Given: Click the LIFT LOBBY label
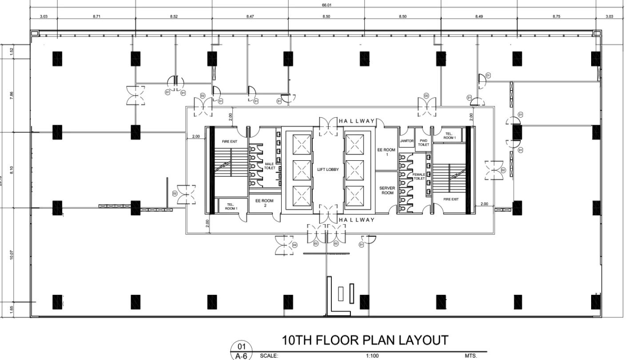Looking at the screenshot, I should point(328,169).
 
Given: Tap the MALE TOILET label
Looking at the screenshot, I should point(270,166).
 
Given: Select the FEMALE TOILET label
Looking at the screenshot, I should point(418,176).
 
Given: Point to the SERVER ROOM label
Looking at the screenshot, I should point(387,190).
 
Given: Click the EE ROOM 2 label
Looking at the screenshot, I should point(264,202).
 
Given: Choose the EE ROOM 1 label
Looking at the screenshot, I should point(386,152).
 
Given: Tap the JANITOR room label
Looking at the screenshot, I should point(406,141).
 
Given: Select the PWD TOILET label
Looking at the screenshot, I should point(423,143).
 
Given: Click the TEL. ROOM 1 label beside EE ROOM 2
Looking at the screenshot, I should point(231,206).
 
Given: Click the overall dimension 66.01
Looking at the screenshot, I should point(326,5).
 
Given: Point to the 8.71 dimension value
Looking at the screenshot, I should point(96,16).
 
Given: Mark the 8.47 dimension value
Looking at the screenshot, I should point(250,16).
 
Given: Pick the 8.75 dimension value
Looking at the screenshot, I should point(556,16).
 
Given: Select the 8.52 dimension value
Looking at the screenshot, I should point(174,16).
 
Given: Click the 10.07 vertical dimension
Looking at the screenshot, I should point(12,255).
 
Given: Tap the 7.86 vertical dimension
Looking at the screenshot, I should point(12,95).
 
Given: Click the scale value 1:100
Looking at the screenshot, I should point(372,356).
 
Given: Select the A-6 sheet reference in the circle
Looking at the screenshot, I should point(241,356).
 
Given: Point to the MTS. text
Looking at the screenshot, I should point(470,356).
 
